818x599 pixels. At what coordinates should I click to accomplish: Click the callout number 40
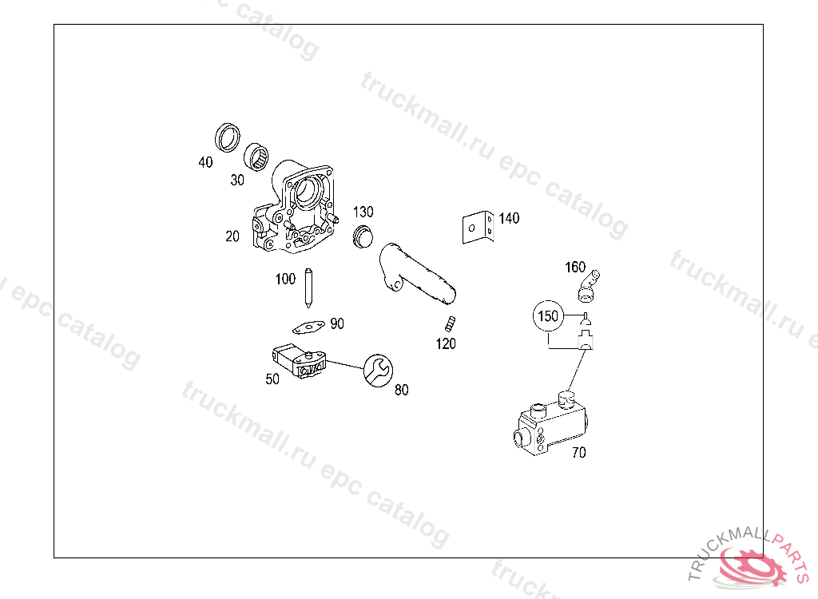point(205,162)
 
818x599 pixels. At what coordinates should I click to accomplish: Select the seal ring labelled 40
point(228,137)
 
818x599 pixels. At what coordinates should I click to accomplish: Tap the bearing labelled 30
point(256,156)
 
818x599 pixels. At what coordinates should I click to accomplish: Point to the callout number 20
point(232,236)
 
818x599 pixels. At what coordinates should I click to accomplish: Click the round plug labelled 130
point(363,237)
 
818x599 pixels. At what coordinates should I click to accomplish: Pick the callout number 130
point(363,212)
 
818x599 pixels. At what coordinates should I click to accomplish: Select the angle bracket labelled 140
point(478,227)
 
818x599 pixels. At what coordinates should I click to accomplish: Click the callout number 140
point(509,218)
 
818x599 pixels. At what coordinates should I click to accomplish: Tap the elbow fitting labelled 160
point(589,287)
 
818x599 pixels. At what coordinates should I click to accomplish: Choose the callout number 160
point(575,267)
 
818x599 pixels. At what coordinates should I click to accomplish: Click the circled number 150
point(548,315)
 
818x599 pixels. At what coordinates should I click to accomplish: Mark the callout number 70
point(579,452)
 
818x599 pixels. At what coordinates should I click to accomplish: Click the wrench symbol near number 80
point(378,371)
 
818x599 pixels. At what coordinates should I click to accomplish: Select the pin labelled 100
point(308,288)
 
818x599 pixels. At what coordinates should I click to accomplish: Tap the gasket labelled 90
point(308,327)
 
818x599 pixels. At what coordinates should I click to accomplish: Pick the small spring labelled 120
point(451,324)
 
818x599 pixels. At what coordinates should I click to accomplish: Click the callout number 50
point(272,379)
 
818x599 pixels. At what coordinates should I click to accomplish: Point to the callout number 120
point(446,344)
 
